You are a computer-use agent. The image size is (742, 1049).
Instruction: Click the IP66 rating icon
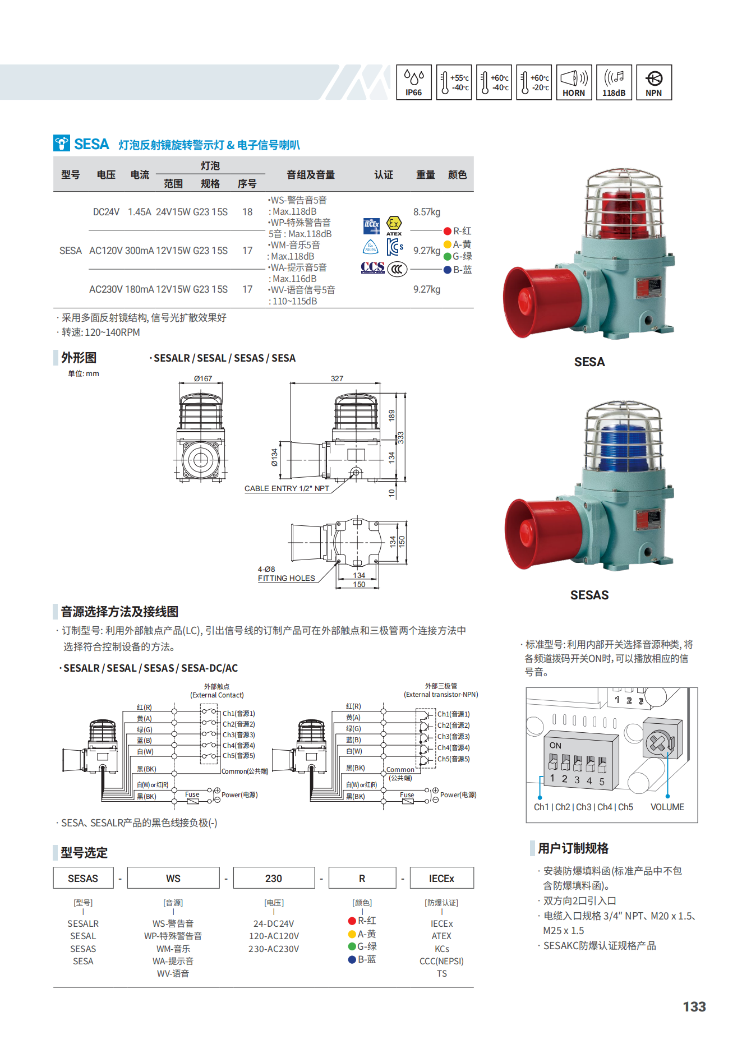[414, 82]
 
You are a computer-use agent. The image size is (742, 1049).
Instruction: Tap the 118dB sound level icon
[614, 82]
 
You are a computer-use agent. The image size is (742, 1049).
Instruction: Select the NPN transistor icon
[654, 82]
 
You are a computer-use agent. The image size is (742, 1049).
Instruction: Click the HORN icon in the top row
[574, 82]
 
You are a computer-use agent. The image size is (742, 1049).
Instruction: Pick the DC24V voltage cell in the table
[106, 212]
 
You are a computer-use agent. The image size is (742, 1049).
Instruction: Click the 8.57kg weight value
[427, 212]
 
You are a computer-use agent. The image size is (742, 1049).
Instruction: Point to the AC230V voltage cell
[106, 289]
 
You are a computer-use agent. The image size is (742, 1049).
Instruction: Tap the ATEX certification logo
[394, 225]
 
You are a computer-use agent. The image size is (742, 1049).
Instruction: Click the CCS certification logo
[373, 268]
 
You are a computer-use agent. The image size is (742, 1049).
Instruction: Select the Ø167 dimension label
[203, 378]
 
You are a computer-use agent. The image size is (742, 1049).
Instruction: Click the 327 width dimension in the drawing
[337, 378]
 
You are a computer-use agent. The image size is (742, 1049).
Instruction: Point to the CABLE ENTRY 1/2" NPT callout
[287, 488]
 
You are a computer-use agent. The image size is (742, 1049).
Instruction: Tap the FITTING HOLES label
[287, 578]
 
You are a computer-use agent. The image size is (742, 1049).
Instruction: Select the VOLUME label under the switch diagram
[667, 807]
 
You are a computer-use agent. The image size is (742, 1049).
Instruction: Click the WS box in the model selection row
[173, 878]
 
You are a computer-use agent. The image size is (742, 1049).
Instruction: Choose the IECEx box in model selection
[442, 878]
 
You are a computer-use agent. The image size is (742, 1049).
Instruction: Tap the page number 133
[694, 1007]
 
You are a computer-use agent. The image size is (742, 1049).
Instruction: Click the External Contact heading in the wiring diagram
[217, 695]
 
